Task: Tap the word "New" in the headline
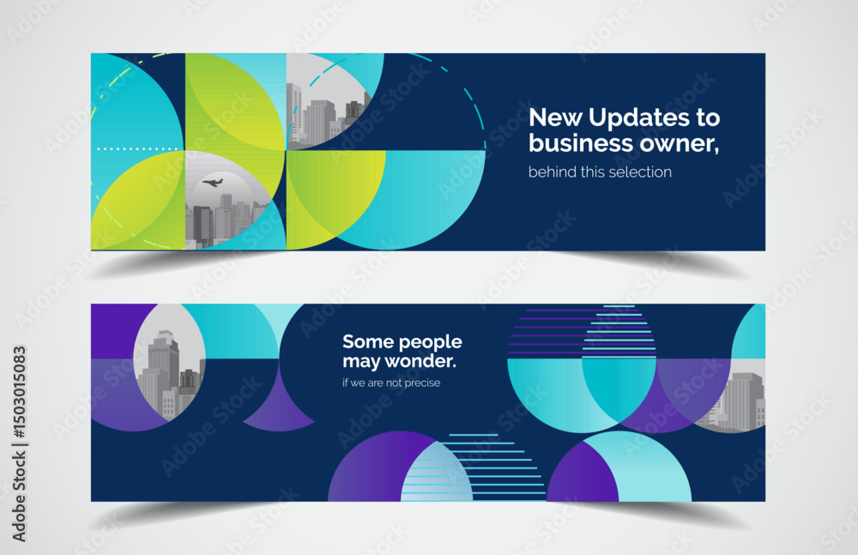[x=555, y=118]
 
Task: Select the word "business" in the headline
[x=581, y=143]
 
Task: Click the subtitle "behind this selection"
[x=600, y=172]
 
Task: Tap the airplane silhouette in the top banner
[x=212, y=182]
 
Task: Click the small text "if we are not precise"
[x=391, y=383]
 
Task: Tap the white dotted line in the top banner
[x=137, y=148]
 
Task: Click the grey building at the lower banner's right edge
[x=739, y=401]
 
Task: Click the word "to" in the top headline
[x=708, y=118]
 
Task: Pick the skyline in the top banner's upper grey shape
[x=325, y=118]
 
